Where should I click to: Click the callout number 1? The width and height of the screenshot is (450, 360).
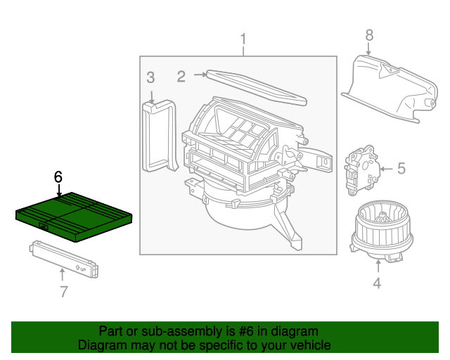point(243,39)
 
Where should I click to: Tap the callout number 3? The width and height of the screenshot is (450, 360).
point(150,77)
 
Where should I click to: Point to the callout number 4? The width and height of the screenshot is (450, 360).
point(377,283)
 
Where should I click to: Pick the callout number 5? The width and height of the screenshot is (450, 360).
point(401,168)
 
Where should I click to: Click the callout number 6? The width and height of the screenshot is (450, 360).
point(59,177)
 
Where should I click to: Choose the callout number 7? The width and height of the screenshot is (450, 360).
point(63,291)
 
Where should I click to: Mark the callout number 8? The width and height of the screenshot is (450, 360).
point(368,34)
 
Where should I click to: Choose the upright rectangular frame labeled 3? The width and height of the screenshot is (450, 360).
point(159,135)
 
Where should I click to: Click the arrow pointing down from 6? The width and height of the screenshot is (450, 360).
point(59,190)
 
